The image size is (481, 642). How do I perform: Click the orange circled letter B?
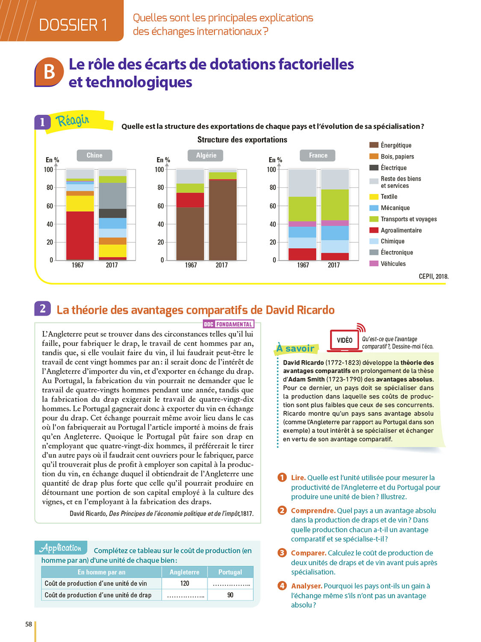point(49,72)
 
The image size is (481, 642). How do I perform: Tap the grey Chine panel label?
point(94,155)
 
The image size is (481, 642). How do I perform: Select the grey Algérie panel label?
point(206,155)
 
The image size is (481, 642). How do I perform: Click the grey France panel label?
point(318,155)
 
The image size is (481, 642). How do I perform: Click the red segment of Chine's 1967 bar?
point(80,235)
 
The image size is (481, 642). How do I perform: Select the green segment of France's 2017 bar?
point(335,205)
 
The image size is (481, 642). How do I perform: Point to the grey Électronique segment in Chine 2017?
point(112,196)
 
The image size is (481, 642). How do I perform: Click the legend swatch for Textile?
point(374,197)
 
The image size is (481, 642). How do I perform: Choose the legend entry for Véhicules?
point(393,264)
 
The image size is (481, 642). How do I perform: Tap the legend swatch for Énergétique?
point(374,145)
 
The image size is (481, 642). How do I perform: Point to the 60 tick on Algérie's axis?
point(160,206)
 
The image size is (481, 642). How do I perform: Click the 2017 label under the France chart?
point(333,265)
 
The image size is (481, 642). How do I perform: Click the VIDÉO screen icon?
point(345,340)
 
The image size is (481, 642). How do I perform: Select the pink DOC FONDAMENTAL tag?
point(228,324)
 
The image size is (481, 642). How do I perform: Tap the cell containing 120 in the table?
point(184,583)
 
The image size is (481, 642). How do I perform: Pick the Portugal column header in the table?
point(230,572)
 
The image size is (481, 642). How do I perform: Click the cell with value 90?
point(230,595)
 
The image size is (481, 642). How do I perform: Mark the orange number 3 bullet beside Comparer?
point(282,553)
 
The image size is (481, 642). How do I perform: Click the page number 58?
point(29,624)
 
